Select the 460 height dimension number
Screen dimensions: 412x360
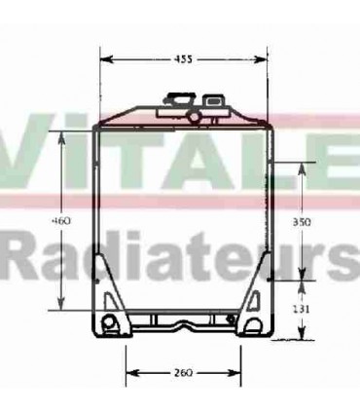tap(61, 221)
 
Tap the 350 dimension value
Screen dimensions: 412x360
tap(302, 222)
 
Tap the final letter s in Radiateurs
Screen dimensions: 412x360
tap(345, 258)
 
